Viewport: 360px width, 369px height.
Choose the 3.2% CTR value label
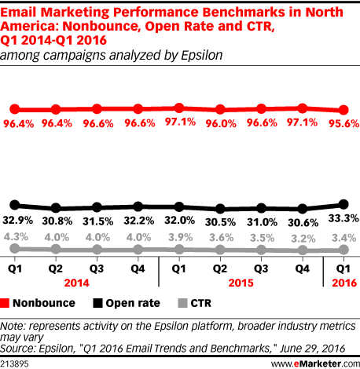tap(304, 236)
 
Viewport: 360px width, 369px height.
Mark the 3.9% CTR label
tap(180, 236)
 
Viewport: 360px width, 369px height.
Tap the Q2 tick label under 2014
tap(55, 267)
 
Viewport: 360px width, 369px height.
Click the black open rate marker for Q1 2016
tap(342, 203)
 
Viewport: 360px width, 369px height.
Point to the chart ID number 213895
tap(17, 362)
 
